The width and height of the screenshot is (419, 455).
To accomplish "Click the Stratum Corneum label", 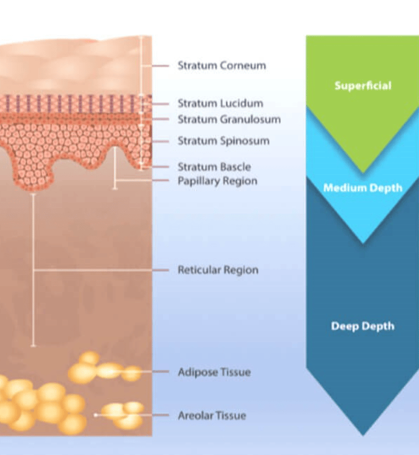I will point(221,65).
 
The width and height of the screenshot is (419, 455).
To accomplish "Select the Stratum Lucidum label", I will point(220,103).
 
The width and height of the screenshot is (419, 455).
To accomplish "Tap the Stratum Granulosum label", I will point(229,119).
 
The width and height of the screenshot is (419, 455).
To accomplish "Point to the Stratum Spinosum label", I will point(223,141).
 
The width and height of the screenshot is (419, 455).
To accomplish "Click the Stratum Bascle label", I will point(214,167).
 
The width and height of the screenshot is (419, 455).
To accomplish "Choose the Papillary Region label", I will point(217,181).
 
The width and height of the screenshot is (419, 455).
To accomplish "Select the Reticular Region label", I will point(218,270).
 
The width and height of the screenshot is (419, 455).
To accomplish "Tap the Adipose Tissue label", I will point(214,372).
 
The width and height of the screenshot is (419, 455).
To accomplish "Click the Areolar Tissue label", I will point(212,415).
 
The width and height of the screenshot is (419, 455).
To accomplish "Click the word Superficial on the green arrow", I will point(363,86).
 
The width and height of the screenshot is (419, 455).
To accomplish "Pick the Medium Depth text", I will point(363,188).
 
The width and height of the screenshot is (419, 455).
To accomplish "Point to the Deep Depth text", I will point(363,326).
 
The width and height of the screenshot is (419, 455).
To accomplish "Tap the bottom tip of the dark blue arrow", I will point(363,434).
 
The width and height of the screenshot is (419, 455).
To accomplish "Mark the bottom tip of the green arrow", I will point(363,172).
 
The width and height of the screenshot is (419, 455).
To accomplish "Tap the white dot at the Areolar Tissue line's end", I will point(96,414).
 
